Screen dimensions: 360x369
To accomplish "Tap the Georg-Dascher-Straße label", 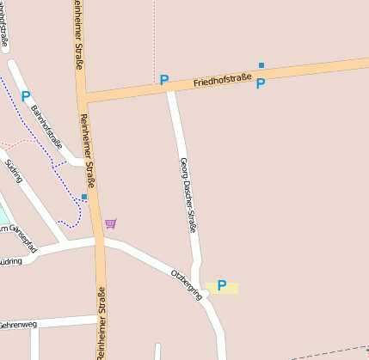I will coord(188,195).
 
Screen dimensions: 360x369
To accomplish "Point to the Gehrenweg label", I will coord(18,326).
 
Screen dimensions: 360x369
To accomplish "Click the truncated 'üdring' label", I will coord(10,260).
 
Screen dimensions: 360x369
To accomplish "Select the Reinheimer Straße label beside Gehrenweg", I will coord(101,328).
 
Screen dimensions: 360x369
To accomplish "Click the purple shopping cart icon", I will coord(110,223).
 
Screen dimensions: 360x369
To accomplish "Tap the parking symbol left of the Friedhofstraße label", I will coord(163,80).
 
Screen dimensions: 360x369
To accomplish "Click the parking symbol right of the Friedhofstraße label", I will coord(261,83).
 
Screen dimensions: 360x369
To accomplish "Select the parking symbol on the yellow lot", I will coord(222,285).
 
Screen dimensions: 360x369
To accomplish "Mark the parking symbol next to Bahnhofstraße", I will coord(26,96).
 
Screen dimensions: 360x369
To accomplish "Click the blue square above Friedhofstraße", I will coord(261,65).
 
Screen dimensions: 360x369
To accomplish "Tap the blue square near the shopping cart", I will coord(84,197).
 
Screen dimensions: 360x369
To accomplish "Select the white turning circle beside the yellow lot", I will coord(206,294).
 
